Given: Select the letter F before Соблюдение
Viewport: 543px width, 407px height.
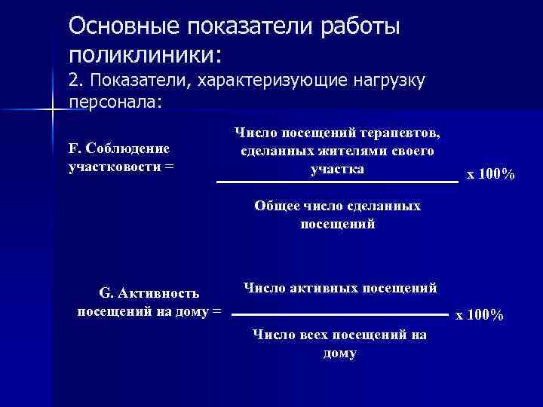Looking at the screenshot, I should pos(72,148).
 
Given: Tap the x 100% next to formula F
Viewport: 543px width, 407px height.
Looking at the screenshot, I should pos(491,175).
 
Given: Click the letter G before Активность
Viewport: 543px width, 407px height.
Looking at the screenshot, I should pos(105,292).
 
